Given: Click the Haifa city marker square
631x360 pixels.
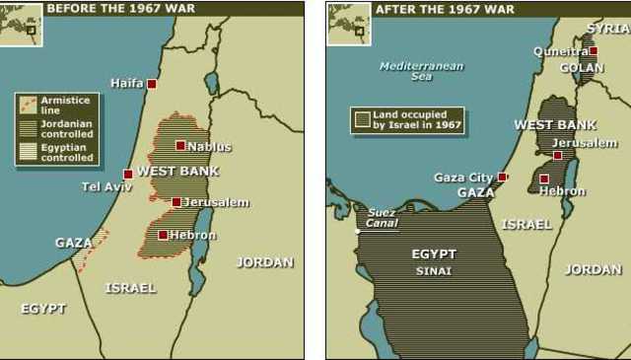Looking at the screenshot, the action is coord(152,84).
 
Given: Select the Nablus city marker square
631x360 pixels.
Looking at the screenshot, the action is coord(180,145).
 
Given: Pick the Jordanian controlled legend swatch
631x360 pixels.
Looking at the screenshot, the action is coord(27,128).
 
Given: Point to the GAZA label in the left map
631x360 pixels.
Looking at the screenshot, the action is coord(74,242).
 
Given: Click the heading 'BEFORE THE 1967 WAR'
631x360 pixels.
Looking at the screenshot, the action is coord(120,9).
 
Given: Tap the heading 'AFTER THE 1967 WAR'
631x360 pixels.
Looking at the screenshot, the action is coord(445,9).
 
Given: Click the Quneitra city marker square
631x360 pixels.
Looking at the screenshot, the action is coord(594,50).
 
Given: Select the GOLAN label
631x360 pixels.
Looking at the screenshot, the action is coord(582,68).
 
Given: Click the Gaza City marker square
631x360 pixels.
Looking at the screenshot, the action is coord(502,178).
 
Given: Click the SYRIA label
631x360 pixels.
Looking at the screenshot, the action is coord(607,29).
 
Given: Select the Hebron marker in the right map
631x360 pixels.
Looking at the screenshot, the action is coord(544,180).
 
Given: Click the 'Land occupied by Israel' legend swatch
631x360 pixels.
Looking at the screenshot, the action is coord(363,120).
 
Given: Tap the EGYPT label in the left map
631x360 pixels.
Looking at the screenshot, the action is coord(43,309).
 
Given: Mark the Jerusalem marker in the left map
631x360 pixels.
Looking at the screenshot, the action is coord(176,202).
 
